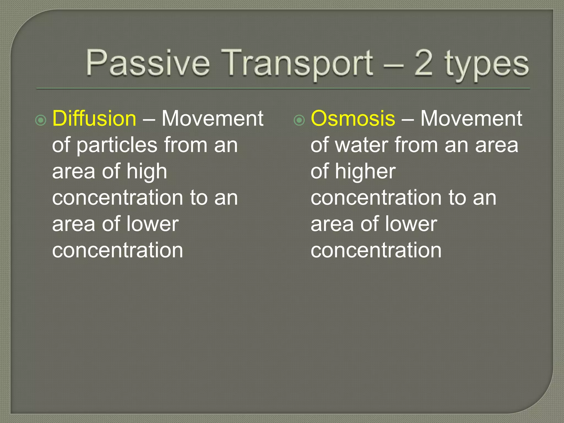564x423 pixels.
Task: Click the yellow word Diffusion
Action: tap(94, 119)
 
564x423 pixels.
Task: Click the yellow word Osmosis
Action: tap(353, 119)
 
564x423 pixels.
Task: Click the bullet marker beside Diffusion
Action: tap(41, 120)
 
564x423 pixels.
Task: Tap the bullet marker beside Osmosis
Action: tap(299, 120)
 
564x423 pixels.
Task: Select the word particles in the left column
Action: tap(117, 145)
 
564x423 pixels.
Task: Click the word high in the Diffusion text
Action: tap(147, 172)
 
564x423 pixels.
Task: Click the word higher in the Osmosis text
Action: tap(365, 172)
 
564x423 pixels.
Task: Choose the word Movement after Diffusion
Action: tap(212, 119)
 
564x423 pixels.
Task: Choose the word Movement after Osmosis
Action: tap(471, 119)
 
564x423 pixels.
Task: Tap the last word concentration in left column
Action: tap(118, 250)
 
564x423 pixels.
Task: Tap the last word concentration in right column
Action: tap(376, 250)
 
